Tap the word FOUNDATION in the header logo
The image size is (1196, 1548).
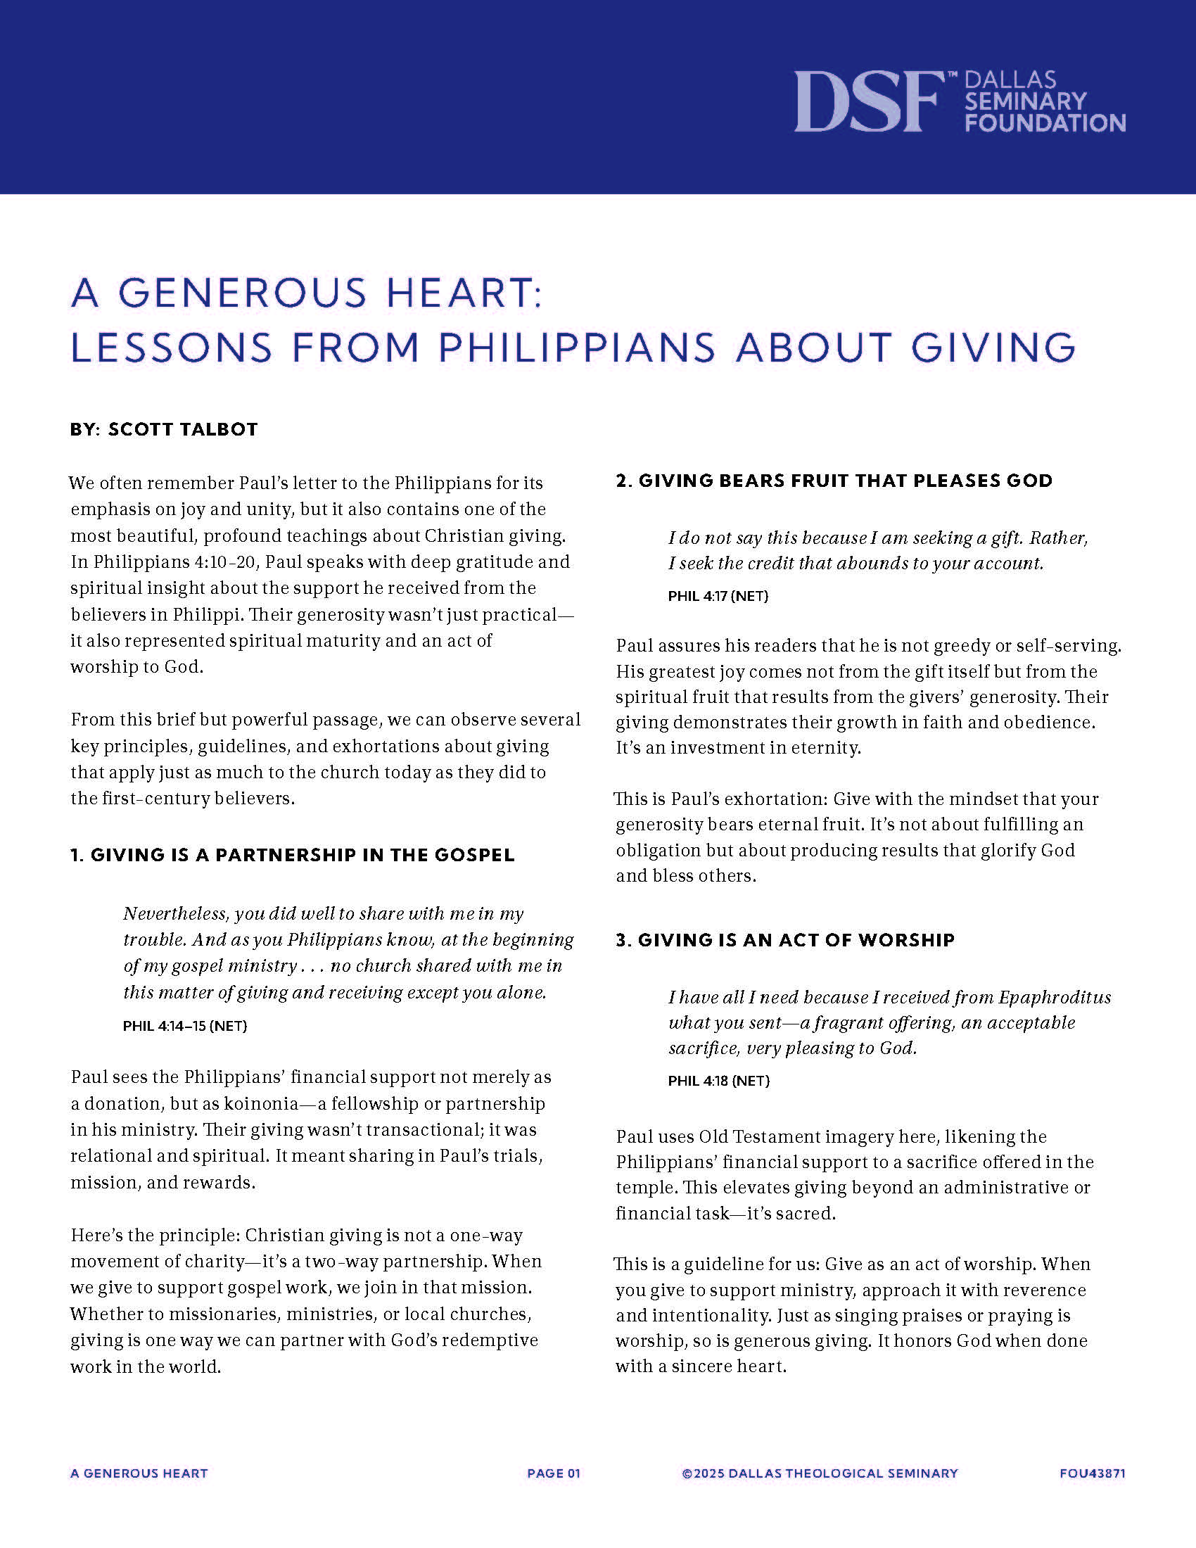coord(1045,123)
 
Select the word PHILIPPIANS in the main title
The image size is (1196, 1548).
coord(577,348)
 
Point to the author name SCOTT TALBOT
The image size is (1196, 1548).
coord(183,429)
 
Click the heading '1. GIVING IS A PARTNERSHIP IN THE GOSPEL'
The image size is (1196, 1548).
coord(292,855)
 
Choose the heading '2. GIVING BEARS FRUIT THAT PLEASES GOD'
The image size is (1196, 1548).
coord(834,481)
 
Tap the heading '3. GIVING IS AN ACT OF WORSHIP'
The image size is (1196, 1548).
coord(785,940)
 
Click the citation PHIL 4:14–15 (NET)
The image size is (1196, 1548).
coord(185,1026)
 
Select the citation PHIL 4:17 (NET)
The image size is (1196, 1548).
coord(718,596)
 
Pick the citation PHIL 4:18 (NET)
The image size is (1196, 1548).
coord(718,1081)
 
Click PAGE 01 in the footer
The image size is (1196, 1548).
coord(554,1473)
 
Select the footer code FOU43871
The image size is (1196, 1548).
coord(1092,1473)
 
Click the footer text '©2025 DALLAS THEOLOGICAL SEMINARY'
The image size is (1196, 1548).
coord(820,1473)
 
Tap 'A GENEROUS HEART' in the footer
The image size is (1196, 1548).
coord(139,1473)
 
